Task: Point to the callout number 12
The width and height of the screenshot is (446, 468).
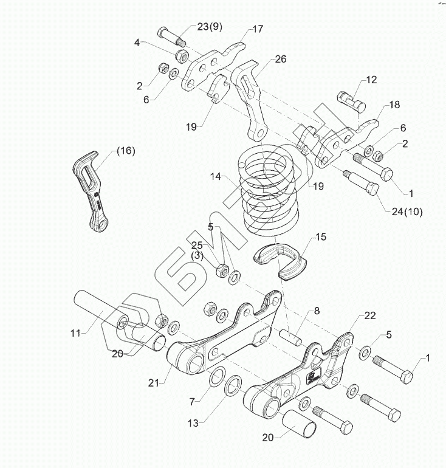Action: tap(371, 80)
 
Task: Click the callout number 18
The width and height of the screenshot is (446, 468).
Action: tap(394, 106)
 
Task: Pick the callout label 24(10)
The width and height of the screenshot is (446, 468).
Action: tap(407, 212)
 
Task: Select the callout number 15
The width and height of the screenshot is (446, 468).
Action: tap(320, 238)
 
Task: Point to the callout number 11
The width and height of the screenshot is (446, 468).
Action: tap(74, 332)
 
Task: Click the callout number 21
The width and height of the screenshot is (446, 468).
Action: tap(154, 382)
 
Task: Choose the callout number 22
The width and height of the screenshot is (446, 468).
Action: tap(370, 315)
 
